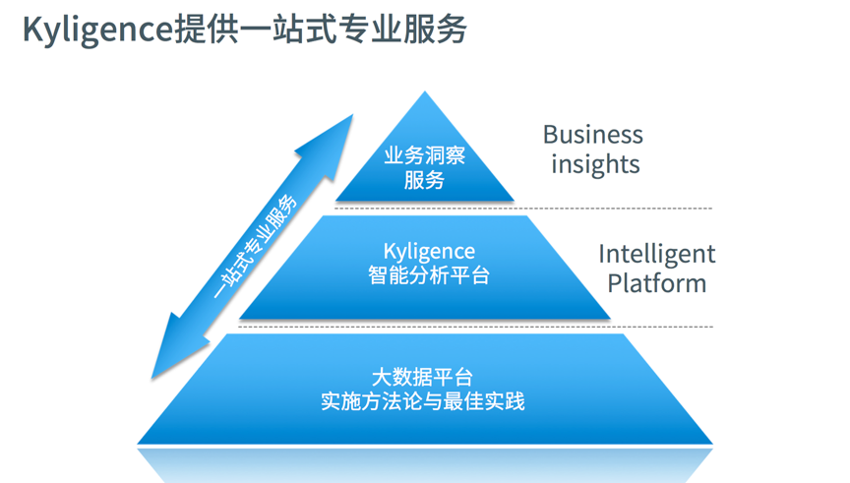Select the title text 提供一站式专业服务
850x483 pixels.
tap(320, 30)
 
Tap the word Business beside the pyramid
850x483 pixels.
tap(592, 135)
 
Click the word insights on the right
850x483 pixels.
tap(595, 163)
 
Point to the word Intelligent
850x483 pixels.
tap(656, 254)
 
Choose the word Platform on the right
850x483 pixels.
tap(656, 283)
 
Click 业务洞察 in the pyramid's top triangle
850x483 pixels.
tap(424, 155)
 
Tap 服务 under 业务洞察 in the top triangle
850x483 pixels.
tap(424, 180)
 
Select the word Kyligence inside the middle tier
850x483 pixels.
tap(429, 252)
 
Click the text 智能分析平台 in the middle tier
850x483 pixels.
tap(429, 275)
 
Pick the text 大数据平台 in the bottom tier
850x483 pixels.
tap(422, 377)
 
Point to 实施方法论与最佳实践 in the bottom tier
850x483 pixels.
tap(422, 401)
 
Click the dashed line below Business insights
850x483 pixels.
tap(610, 209)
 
